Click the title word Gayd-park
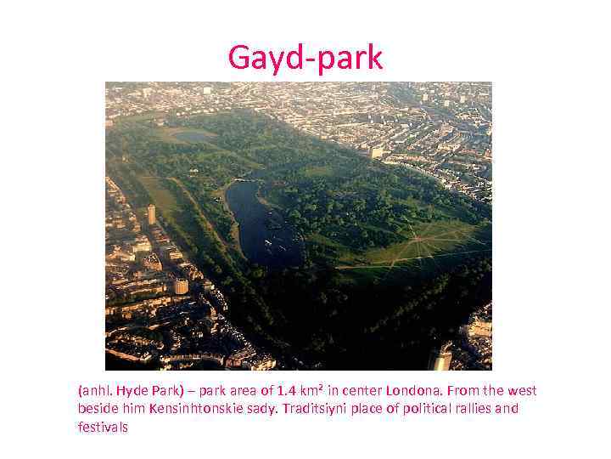click(x=305, y=58)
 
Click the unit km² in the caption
click(x=316, y=391)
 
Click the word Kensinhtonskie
click(x=192, y=409)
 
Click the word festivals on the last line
click(x=103, y=427)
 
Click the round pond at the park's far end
click(x=193, y=135)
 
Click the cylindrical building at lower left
click(x=181, y=286)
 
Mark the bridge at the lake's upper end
click(x=245, y=179)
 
